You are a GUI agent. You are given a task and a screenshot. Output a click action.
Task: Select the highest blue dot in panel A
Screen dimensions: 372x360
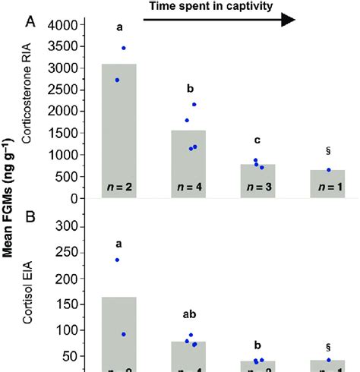[x=123, y=48]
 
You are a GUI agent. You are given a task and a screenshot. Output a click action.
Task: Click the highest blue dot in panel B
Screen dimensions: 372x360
[x=117, y=260]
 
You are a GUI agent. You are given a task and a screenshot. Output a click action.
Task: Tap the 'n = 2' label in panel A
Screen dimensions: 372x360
[x=119, y=187]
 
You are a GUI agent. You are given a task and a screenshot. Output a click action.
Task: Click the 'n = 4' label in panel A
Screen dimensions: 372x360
[x=188, y=187]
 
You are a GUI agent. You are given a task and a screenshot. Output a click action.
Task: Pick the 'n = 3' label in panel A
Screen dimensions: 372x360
[x=258, y=187]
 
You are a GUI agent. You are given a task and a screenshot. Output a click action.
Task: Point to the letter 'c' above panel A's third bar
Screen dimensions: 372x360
[x=258, y=140]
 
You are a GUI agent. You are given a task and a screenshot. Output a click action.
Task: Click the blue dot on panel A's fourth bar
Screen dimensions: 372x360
[x=329, y=170]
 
